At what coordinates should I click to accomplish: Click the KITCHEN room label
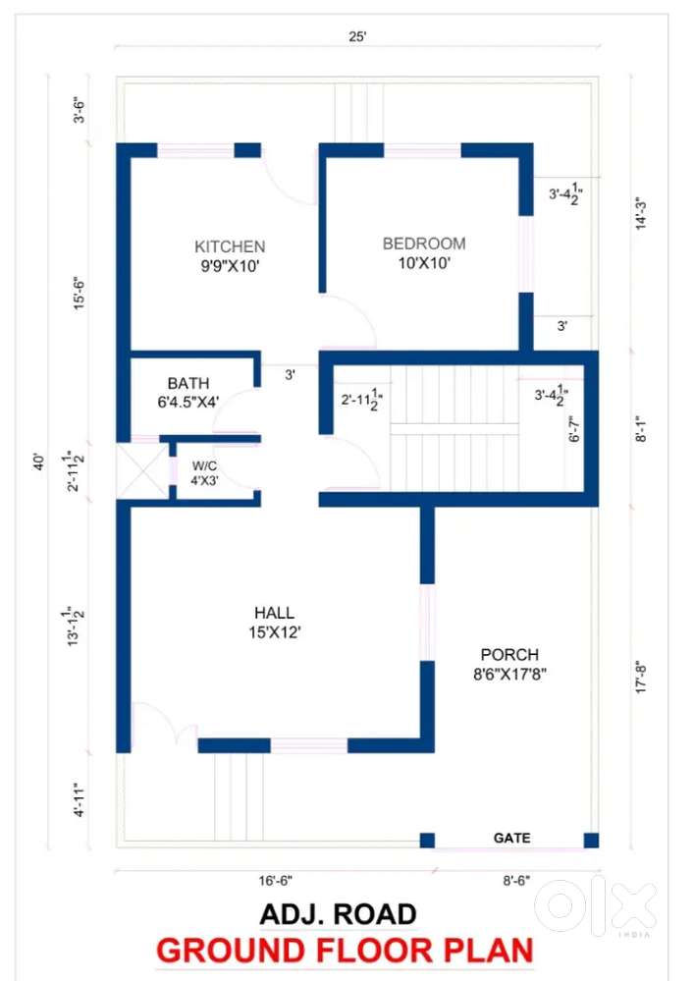pos(230,246)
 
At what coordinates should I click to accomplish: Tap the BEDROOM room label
pos(424,244)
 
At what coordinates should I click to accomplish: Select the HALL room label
pos(274,613)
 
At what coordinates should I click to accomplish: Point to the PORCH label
pos(509,654)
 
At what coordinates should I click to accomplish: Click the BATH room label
pos(188,383)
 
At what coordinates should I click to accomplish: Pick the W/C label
pos(204,465)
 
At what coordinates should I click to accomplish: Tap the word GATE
pos(511,838)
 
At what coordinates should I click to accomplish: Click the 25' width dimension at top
pos(357,36)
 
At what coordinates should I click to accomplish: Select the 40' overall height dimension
pos(39,462)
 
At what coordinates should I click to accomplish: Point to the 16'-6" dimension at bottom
pos(275,881)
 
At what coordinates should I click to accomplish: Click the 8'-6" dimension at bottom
pos(516,880)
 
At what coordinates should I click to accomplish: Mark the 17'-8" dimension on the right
pos(641,677)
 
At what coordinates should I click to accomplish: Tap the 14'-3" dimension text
pos(641,214)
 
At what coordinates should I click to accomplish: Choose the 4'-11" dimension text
pos(80,799)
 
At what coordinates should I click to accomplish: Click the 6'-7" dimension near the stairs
pos(574,428)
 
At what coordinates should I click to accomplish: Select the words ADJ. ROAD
pos(339,914)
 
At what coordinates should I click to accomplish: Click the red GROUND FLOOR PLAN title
pos(345,951)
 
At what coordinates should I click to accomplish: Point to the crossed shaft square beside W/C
pos(143,471)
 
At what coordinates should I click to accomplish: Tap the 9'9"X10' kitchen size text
pos(230,266)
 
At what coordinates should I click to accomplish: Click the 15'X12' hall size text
pos(275,632)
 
